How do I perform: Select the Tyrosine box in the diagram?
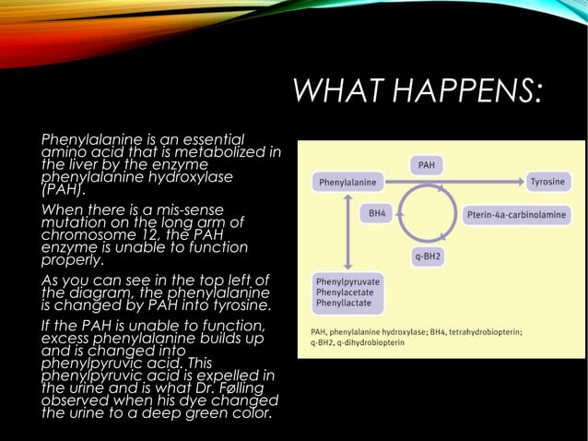point(547,182)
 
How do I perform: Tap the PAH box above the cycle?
point(427,165)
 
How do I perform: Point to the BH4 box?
point(377,213)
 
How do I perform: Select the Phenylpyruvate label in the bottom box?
point(348,280)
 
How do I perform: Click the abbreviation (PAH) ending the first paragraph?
point(63,191)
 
